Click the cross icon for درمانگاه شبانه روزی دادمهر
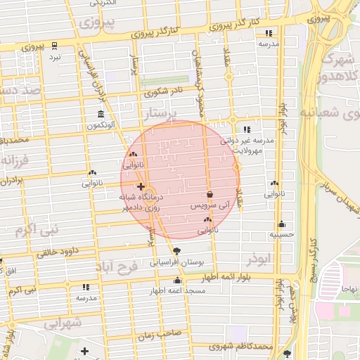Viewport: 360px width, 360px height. point(141,187)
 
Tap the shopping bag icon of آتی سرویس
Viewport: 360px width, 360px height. point(210,194)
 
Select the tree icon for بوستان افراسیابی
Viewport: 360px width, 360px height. point(176,251)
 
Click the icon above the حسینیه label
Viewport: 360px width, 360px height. point(281,224)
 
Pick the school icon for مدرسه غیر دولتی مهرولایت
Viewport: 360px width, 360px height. point(247,130)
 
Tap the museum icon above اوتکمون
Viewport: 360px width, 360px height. point(101,115)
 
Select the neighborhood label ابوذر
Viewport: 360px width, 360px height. point(258,259)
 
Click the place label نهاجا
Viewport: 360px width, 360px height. point(349,289)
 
